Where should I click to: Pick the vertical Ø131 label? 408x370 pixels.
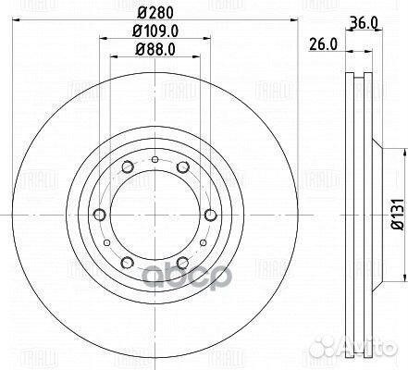click(394, 214)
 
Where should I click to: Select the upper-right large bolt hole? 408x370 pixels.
click(182, 166)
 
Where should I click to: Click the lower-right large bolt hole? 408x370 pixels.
click(182, 263)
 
